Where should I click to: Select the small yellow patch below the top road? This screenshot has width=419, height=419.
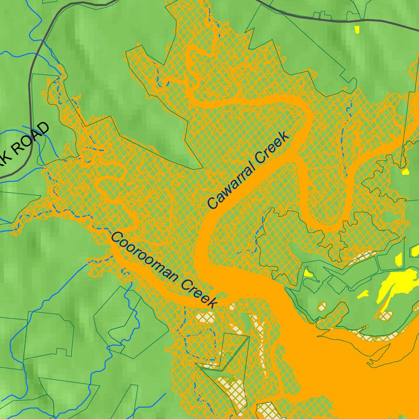[x=357, y=29]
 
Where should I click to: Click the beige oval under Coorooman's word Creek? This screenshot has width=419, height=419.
[x=206, y=317]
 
